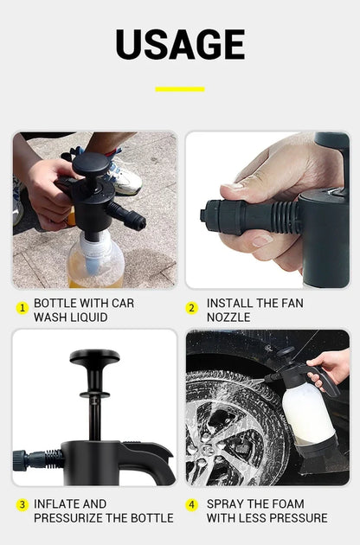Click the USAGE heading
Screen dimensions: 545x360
(180, 45)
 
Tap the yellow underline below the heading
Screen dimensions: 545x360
(180, 89)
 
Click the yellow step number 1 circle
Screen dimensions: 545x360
(22, 308)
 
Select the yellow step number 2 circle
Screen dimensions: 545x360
(192, 308)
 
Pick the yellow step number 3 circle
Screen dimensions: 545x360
(22, 504)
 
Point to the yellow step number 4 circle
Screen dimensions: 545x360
(192, 504)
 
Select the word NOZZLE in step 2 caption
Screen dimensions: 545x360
(228, 317)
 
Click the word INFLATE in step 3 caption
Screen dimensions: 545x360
(58, 503)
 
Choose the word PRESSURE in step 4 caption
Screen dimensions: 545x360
(295, 517)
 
